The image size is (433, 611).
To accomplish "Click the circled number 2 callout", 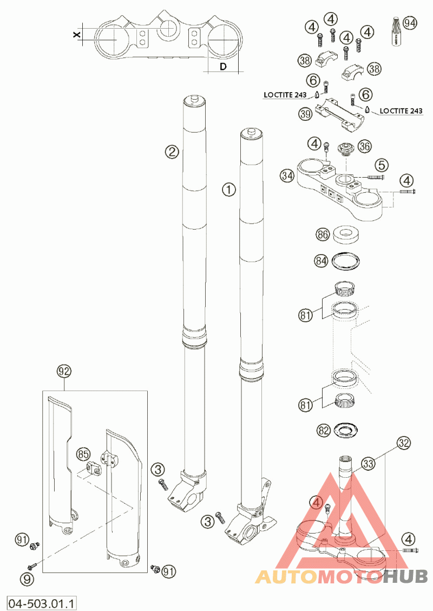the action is coord(172,152).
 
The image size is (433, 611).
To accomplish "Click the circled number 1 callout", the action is coord(229,190).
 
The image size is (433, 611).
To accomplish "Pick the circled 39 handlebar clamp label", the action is coord(306,113).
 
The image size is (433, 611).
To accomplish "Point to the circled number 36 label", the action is coord(365,146).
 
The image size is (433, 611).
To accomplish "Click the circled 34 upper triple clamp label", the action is coord(287,175).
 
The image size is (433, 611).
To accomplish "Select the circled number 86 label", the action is coord(323,235).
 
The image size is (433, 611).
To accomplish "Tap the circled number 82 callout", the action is coord(323,431).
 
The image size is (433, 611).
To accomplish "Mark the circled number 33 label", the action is coord(369,464).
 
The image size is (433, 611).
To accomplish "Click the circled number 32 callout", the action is coord(403,443).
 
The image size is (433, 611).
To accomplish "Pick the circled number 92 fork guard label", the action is coord(64,372).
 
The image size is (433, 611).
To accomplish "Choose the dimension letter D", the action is coord(222,67).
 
